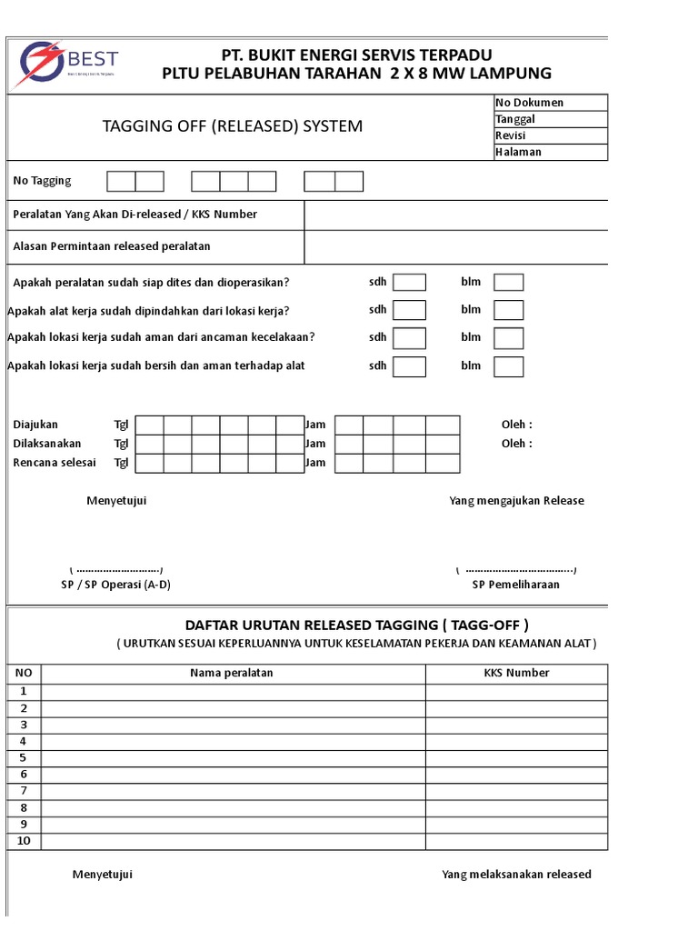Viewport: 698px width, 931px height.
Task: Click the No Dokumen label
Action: [529, 103]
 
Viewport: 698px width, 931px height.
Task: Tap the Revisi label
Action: [511, 135]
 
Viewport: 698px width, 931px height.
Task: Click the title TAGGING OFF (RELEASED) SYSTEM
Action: [233, 126]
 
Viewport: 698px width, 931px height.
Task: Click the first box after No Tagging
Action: [122, 182]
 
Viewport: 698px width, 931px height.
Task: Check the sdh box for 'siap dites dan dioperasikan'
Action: [409, 283]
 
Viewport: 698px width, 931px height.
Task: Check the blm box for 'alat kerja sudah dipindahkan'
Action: [508, 311]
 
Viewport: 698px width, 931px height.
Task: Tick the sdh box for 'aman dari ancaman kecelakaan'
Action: [409, 338]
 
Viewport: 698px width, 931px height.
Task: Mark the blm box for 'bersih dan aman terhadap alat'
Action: [508, 366]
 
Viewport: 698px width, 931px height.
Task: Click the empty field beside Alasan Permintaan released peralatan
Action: [455, 246]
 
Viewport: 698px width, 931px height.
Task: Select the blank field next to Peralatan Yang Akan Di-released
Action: [455, 215]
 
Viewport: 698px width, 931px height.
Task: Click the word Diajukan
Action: [35, 425]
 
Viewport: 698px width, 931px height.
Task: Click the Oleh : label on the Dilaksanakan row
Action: [516, 444]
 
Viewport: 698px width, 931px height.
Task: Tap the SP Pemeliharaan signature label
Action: [515, 585]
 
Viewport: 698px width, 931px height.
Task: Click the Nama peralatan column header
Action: [232, 673]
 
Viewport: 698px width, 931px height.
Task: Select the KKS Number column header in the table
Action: [516, 673]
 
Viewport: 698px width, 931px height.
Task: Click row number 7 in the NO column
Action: [24, 791]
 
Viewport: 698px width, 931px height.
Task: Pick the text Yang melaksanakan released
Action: [516, 875]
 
